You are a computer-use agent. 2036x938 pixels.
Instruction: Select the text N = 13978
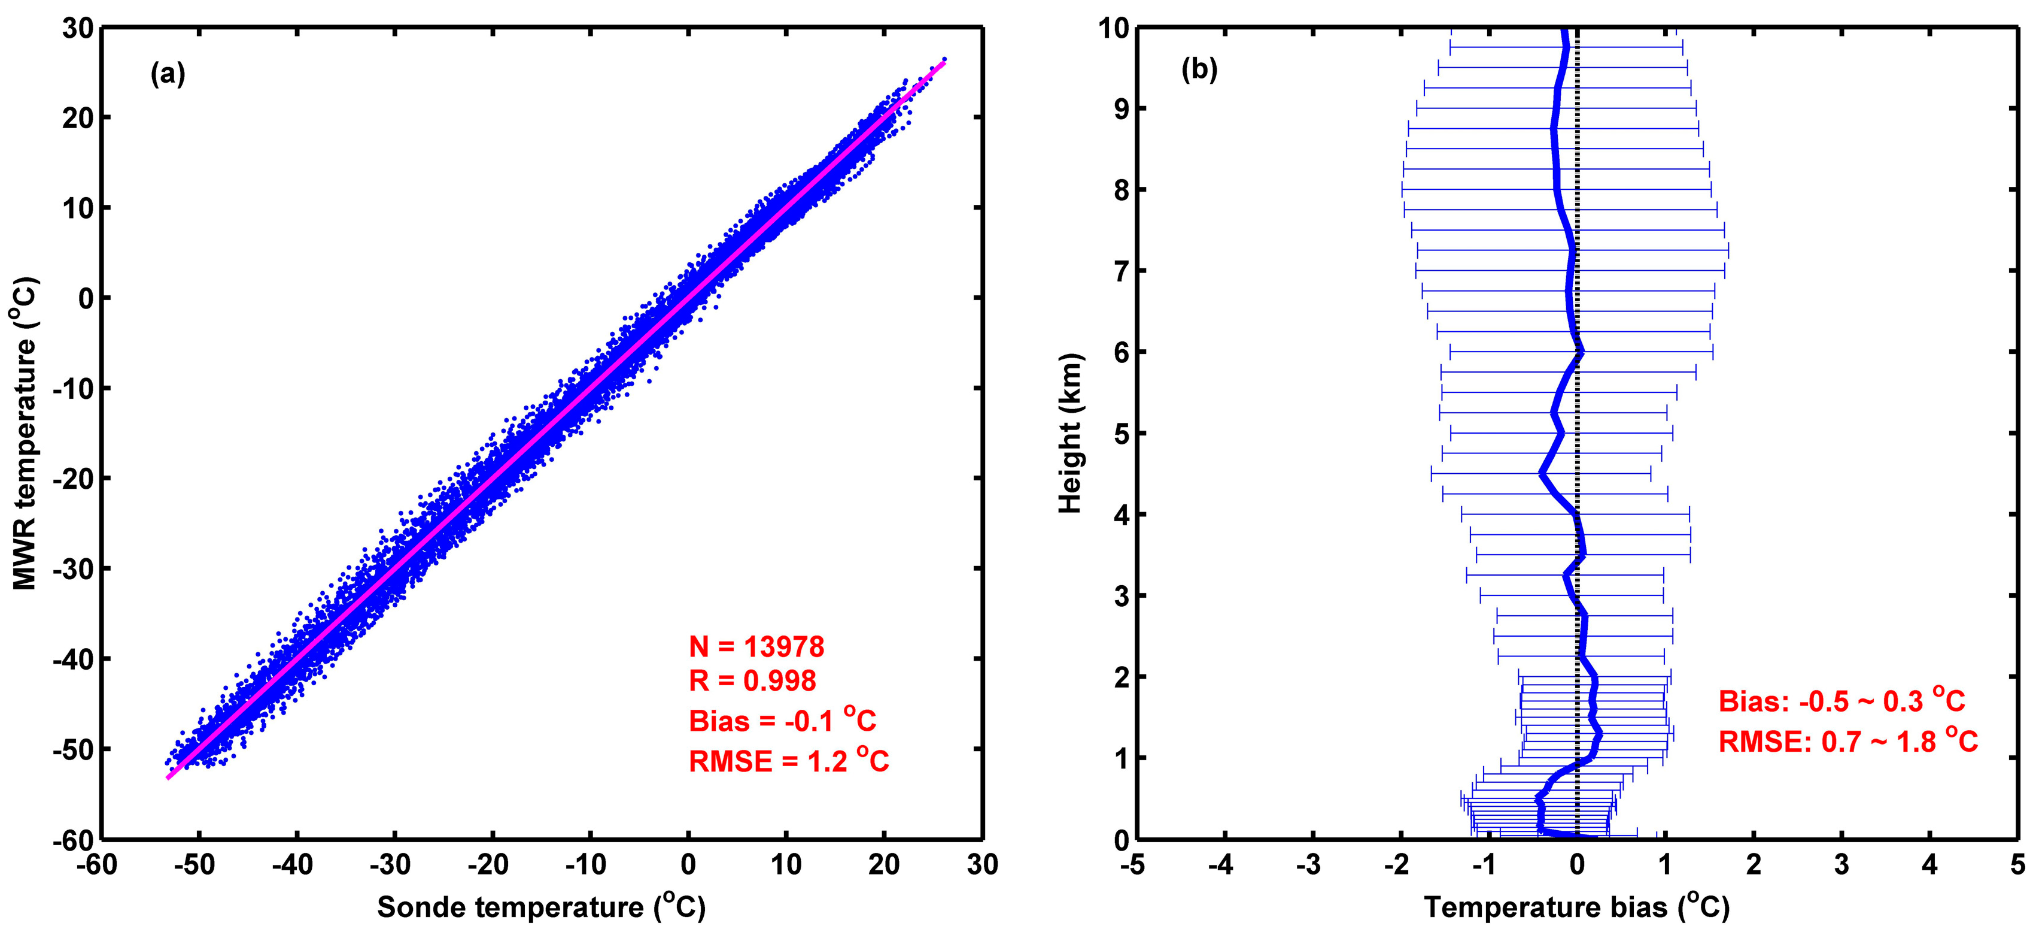[x=756, y=647]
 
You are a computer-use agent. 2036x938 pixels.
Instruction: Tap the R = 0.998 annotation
[x=752, y=681]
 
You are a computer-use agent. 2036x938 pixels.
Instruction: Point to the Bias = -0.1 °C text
[x=782, y=720]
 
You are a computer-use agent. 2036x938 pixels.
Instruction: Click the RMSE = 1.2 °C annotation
[x=789, y=760]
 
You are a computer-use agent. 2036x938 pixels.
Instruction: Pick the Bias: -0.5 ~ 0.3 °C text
[x=1841, y=700]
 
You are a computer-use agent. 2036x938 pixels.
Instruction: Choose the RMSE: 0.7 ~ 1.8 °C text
[x=1848, y=740]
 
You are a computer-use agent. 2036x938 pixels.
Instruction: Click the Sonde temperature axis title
[x=542, y=906]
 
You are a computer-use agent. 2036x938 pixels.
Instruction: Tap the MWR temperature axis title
[x=25, y=434]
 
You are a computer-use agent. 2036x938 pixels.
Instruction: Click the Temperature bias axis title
[x=1577, y=906]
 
